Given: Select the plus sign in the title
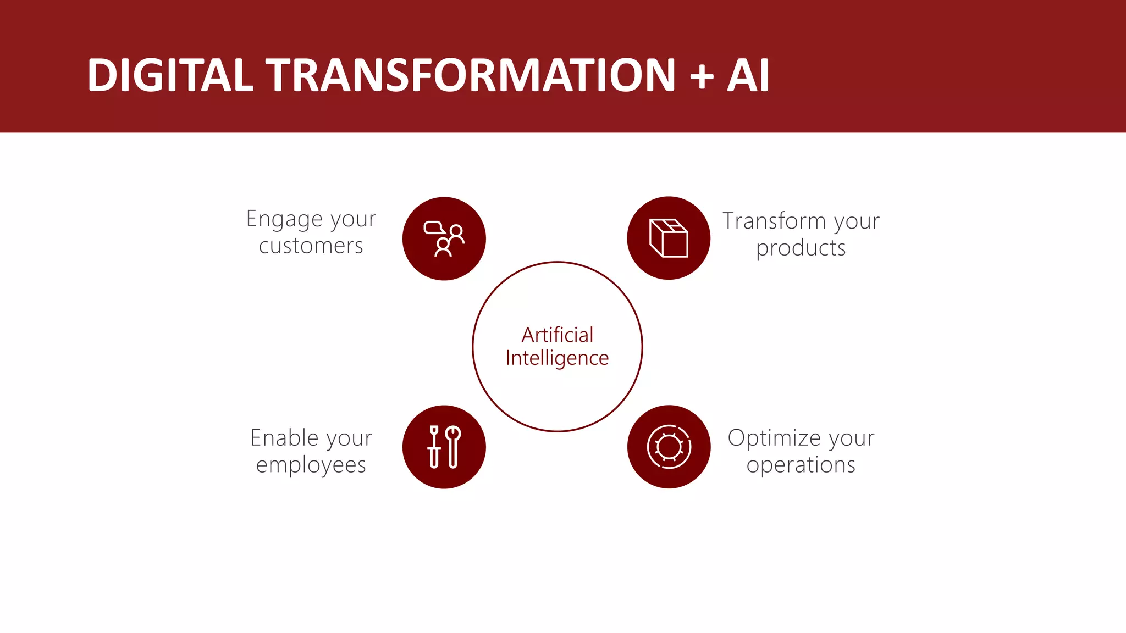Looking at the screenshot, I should pos(702,76).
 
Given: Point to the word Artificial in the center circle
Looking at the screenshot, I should pos(557,335).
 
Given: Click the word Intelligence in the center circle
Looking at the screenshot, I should pos(557,358).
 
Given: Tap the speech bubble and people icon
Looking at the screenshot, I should pos(444,238).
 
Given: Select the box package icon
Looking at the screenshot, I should pos(669,238).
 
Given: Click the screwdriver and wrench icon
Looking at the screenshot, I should pos(444,447).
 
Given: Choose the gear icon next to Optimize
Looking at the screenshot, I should pos(669,447).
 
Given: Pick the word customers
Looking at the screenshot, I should pos(311,246).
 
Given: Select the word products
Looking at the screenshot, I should pos(801,248).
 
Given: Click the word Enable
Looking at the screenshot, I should pos(284,438).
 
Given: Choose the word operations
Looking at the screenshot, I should pos(801,465).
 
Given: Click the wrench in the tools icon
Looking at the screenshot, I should pos(454,446).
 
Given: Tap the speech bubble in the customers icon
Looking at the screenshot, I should pos(433,227).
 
